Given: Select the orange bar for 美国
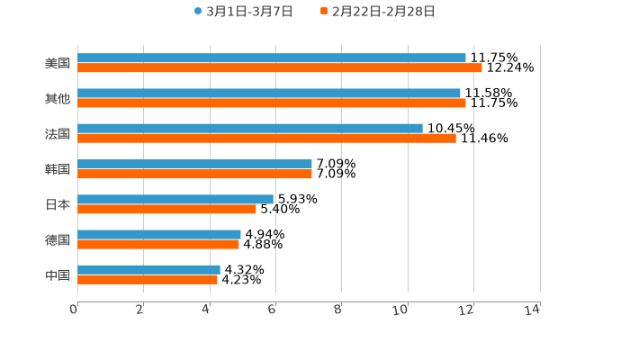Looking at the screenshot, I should tap(280, 67).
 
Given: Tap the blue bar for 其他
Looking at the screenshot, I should tap(269, 93).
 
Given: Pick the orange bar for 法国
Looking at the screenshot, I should tap(266, 138).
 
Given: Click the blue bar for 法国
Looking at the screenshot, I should tap(250, 128).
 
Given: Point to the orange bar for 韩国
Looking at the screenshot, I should tap(194, 174).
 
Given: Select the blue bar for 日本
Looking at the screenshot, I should tap(175, 199).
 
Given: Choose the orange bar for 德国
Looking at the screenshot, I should tap(158, 244).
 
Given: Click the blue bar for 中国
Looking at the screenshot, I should tap(148, 269).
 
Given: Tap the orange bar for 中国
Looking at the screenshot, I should tap(148, 279).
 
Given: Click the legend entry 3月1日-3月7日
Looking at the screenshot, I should tap(243, 12).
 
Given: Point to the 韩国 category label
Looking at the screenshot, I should tap(58, 169).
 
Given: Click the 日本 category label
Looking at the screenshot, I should tap(58, 204).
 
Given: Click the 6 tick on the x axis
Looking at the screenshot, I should tap(271, 310).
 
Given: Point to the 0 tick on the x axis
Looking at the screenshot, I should tap(74, 310).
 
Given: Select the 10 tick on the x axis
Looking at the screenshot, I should tap(401, 310).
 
